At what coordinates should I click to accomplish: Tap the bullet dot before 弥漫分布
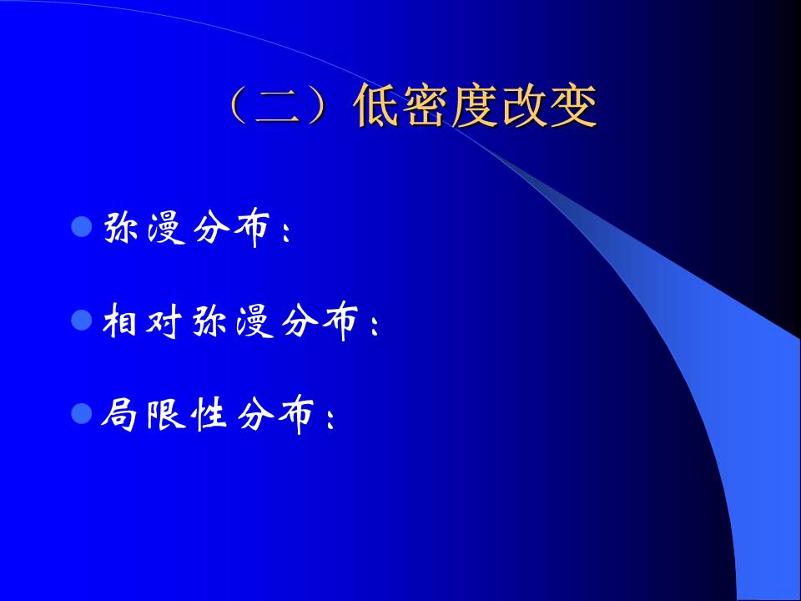[81, 225]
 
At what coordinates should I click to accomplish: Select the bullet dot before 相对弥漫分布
[81, 319]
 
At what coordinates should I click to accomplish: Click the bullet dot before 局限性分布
[81, 412]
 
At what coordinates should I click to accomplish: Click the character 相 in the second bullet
[122, 321]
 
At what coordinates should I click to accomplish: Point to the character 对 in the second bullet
[165, 321]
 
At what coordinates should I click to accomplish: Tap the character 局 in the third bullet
[122, 414]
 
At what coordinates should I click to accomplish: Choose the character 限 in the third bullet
[165, 414]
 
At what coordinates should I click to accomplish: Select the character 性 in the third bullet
[209, 414]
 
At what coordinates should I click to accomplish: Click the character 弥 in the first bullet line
[122, 227]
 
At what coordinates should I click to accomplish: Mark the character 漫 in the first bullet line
[165, 227]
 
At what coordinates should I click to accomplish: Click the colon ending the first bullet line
[288, 235]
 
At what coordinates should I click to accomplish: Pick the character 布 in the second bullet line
[340, 321]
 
